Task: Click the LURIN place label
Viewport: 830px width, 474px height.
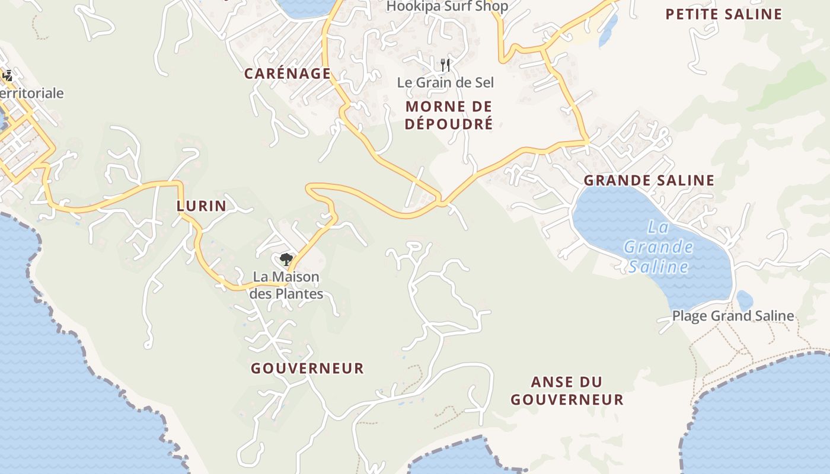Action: tap(202, 206)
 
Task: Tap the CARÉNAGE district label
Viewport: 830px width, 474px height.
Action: tap(288, 74)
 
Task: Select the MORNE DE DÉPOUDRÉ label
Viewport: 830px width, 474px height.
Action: tap(449, 116)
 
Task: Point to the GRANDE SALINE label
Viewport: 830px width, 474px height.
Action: tap(649, 181)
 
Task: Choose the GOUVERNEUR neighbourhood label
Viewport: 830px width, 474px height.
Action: tap(307, 369)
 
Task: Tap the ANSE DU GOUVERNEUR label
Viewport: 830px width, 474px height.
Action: tap(567, 391)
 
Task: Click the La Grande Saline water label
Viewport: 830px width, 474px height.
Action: tap(659, 247)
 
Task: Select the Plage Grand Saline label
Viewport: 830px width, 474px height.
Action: tap(733, 316)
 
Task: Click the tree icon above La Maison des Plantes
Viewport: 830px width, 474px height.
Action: tap(286, 259)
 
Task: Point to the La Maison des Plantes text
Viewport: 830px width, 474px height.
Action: tap(286, 285)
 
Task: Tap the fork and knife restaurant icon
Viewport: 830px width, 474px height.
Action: tap(445, 65)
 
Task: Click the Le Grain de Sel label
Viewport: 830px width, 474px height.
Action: tap(445, 82)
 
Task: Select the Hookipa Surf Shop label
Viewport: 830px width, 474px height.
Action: tap(447, 7)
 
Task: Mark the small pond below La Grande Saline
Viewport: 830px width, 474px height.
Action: tap(744, 300)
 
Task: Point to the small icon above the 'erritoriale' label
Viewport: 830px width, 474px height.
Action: tap(8, 75)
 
